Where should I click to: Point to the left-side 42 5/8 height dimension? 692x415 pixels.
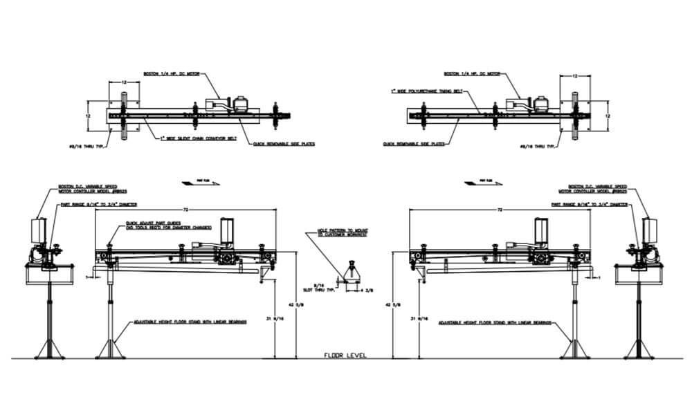300,304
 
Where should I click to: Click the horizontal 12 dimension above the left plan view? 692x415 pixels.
123,82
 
